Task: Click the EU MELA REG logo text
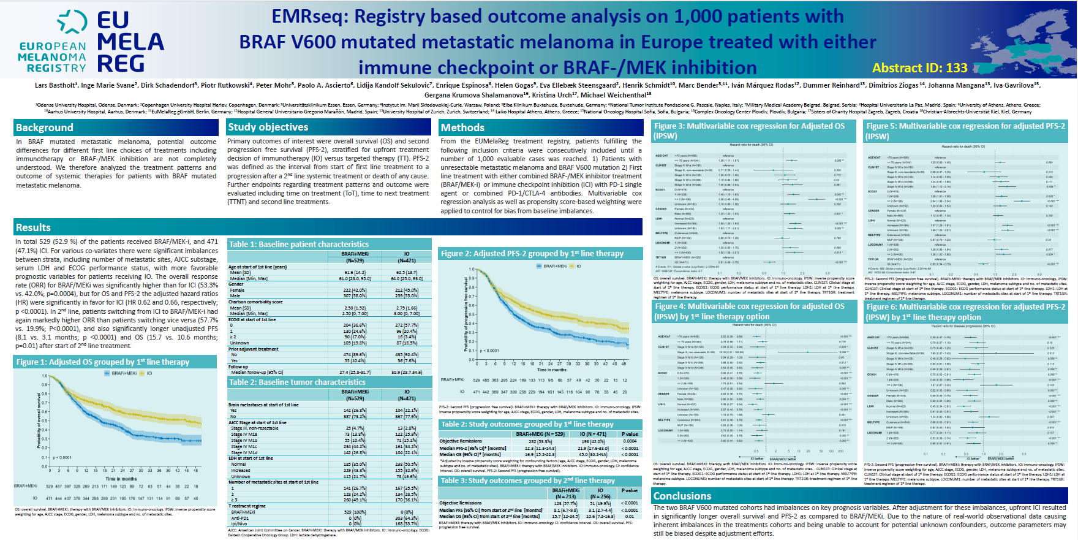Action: tap(130, 42)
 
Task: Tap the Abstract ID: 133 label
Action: tap(919, 68)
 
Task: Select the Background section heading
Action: tap(45, 127)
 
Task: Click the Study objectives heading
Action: tap(268, 127)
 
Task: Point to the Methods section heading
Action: tap(463, 127)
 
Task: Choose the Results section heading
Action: tap(34, 227)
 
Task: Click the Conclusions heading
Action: tap(682, 496)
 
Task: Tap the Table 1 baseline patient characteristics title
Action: tap(299, 244)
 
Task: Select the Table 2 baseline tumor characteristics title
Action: tap(297, 382)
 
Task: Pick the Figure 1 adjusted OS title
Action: tap(103, 362)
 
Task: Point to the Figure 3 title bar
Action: tap(753, 131)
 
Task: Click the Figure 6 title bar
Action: tap(965, 311)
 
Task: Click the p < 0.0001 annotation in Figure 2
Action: tap(489, 351)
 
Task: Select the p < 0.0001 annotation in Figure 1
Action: tap(62, 457)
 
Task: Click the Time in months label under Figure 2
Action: tap(551, 370)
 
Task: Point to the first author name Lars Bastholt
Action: tap(56, 85)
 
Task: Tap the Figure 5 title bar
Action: tap(965, 131)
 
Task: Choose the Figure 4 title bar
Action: tap(753, 311)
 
